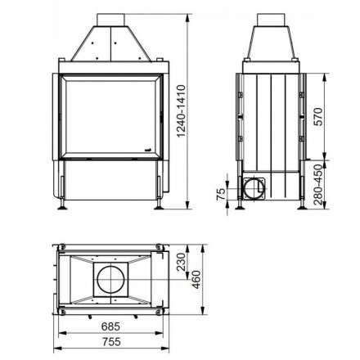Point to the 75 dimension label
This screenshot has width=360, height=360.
[219, 194]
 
